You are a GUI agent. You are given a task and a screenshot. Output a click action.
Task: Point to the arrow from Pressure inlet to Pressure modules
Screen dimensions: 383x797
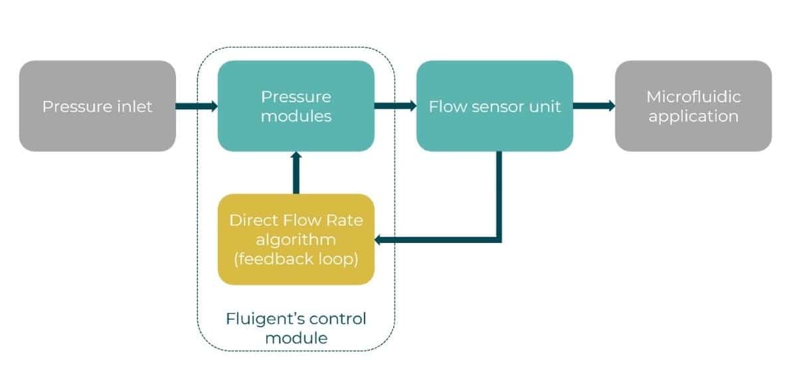click(197, 106)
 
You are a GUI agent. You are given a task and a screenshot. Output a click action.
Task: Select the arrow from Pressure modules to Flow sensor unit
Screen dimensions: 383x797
click(395, 106)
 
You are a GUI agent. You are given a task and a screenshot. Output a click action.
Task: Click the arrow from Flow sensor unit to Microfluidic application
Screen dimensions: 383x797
click(594, 106)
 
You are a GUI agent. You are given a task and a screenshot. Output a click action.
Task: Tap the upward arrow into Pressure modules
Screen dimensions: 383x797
click(296, 173)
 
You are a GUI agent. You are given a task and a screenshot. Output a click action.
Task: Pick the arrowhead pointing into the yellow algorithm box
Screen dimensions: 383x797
click(381, 240)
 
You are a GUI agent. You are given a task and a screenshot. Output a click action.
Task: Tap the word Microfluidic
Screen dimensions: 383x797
click(693, 97)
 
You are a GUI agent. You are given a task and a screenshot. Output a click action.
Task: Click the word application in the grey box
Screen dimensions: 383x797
click(693, 117)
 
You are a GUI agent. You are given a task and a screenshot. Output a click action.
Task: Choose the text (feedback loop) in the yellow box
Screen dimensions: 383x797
click(296, 259)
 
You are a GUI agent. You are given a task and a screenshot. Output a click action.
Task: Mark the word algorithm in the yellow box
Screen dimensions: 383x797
click(296, 239)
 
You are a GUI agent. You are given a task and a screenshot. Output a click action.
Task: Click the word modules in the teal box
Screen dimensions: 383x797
click(296, 116)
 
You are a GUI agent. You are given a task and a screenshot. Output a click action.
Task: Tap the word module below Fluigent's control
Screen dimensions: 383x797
click(296, 338)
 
